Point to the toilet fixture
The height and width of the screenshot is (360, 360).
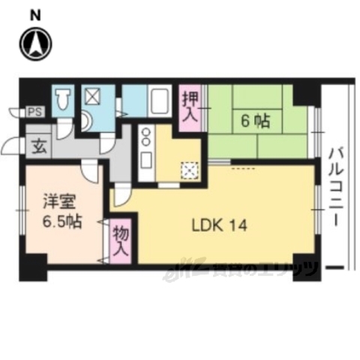(x=64, y=99)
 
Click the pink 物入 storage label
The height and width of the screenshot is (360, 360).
(x=121, y=241)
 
